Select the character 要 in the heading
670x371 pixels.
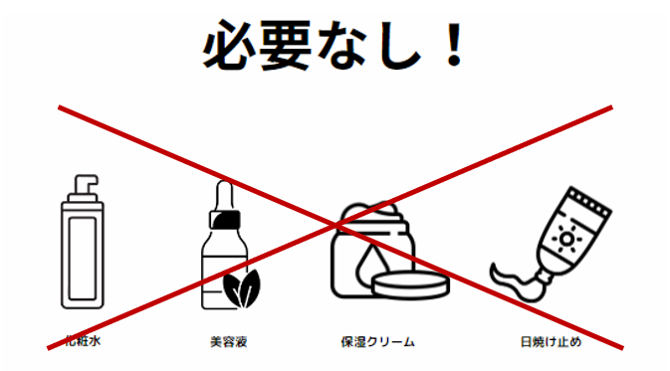(x=285, y=45)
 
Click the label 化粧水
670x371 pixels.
(x=83, y=341)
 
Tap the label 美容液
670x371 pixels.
(x=229, y=341)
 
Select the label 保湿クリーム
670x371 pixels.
(x=377, y=341)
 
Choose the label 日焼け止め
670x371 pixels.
(x=551, y=341)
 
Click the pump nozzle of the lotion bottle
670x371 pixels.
(x=87, y=184)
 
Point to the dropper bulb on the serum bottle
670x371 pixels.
(x=224, y=194)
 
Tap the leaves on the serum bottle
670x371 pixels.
(x=242, y=288)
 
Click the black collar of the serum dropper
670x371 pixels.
(x=225, y=220)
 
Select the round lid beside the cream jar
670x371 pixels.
(x=410, y=284)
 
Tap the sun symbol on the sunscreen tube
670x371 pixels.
(x=566, y=239)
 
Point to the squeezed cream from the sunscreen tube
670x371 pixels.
(x=513, y=280)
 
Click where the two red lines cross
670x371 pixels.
(x=335, y=225)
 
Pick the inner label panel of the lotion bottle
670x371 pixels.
(x=82, y=258)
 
